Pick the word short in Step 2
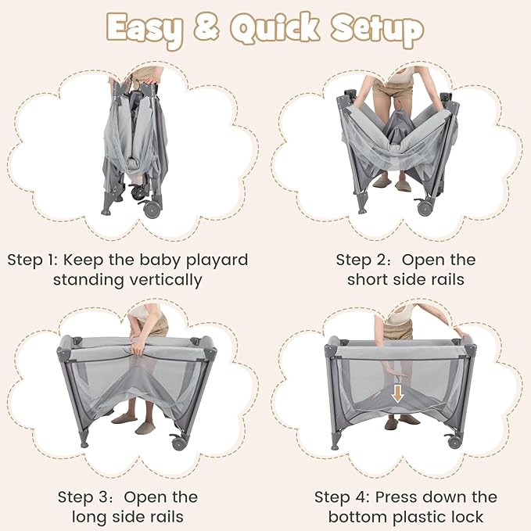point(371,279)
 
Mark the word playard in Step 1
point(216,260)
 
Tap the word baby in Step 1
point(160,260)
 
